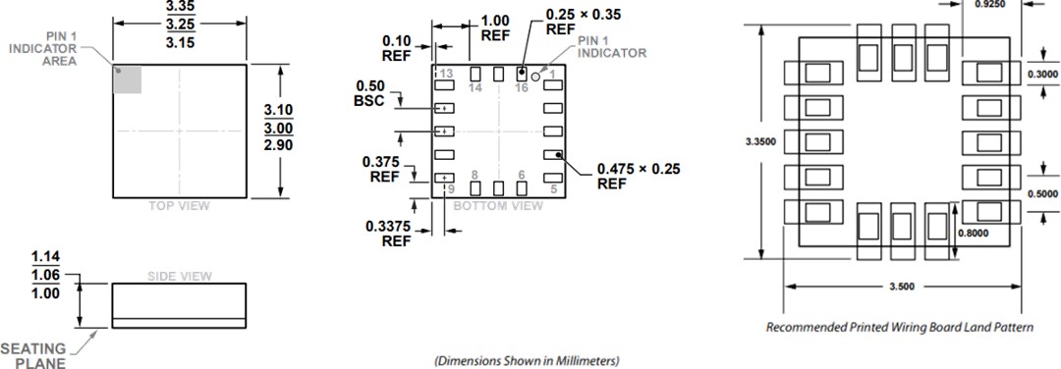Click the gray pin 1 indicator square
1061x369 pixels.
pos(128,79)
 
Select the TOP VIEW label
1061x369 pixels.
pos(179,206)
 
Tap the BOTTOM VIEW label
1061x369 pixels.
pos(498,206)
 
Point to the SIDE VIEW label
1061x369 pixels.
pos(179,277)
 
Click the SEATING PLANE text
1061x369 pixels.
pos(33,356)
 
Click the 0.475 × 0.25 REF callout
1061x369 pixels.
pos(639,176)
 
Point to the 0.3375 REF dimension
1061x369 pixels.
pos(388,233)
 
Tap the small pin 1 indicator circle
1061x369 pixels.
pos(536,75)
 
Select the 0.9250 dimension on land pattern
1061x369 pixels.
pos(994,5)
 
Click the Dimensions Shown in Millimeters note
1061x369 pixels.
pos(527,360)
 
